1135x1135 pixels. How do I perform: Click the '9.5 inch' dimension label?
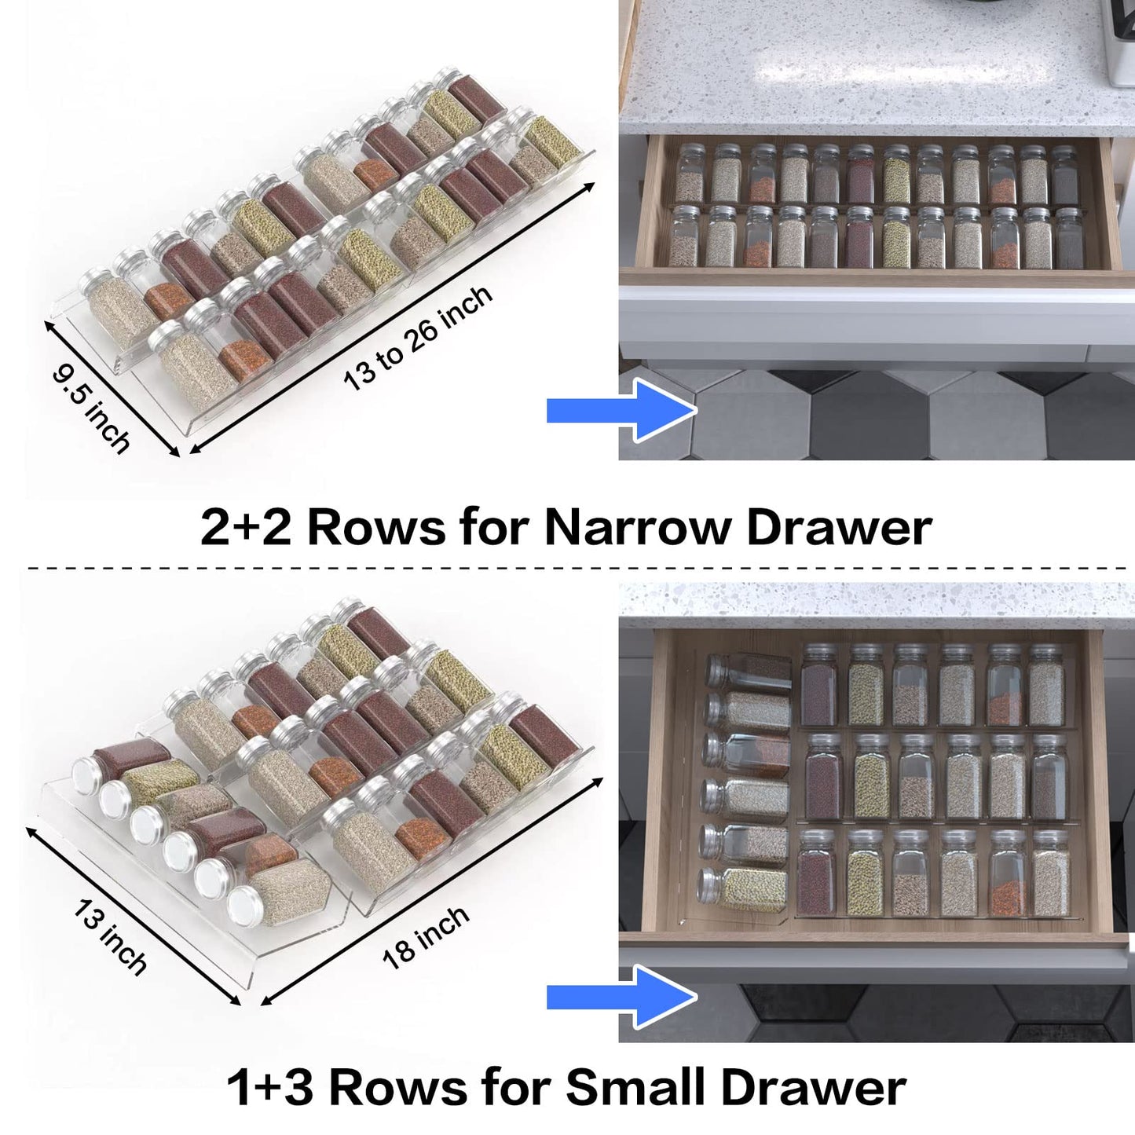[90, 408]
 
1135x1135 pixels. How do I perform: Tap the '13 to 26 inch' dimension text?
[418, 338]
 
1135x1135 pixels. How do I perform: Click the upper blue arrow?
[621, 410]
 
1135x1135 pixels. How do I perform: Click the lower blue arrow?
[621, 997]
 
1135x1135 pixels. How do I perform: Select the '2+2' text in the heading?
[245, 527]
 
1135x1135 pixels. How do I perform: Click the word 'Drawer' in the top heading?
[838, 527]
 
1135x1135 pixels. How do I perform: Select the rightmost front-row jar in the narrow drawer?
[1067, 237]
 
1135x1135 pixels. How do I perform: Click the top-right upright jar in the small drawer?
[1046, 686]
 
